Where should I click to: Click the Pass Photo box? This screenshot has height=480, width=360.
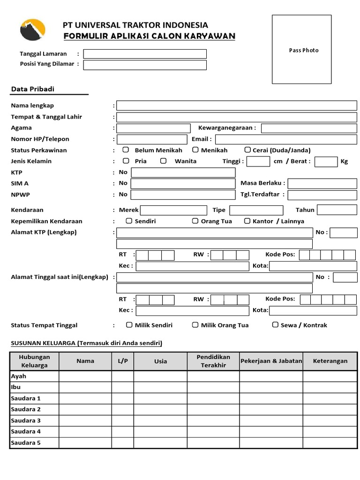coord(301,49)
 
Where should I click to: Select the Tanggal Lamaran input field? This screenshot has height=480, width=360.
coord(145,54)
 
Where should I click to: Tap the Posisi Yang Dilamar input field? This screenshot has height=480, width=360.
coord(145,65)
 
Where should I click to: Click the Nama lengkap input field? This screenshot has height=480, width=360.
coord(237,105)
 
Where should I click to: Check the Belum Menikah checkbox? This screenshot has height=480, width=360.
coord(126,150)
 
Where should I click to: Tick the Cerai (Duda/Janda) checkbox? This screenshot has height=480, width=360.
coord(247,150)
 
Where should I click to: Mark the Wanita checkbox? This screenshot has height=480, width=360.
coord(163,161)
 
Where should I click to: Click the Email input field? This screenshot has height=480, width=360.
coord(286,139)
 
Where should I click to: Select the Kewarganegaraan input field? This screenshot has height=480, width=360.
coord(309,128)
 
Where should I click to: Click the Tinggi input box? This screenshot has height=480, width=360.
coord(258,162)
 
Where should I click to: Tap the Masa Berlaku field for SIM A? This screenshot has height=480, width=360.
coord(322,183)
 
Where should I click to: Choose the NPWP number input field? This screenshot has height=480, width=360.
coord(183,195)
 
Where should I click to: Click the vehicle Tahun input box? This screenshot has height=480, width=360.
coord(337,210)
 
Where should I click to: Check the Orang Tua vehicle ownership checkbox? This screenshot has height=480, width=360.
coord(195,221)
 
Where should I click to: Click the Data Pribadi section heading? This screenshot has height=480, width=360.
coord(33,89)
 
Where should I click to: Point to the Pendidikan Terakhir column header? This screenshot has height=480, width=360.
coord(213,361)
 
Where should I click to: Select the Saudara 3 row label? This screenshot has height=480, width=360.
coord(26,420)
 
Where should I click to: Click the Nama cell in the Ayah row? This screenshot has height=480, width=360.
coord(85,376)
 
